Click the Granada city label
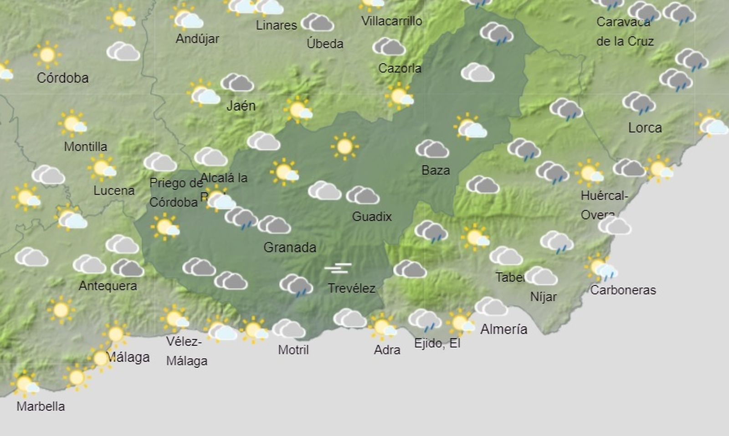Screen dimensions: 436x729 290,247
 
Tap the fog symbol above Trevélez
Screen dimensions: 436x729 338,268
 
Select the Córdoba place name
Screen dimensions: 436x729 62,78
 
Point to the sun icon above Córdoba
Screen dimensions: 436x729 47,55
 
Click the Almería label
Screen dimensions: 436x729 503,329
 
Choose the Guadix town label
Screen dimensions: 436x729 372,216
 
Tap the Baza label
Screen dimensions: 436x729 436,170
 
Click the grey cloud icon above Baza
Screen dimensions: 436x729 432,149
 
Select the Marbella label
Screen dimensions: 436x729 41,406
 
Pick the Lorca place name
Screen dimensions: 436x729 645,128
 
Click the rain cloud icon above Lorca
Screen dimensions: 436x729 639,103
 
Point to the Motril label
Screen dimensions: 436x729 293,350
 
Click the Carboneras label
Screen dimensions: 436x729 623,290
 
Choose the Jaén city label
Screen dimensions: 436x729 241,106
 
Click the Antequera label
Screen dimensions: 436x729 108,286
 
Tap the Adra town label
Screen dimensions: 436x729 387,350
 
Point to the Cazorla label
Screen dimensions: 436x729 400,68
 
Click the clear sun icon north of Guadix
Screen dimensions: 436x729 344,146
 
